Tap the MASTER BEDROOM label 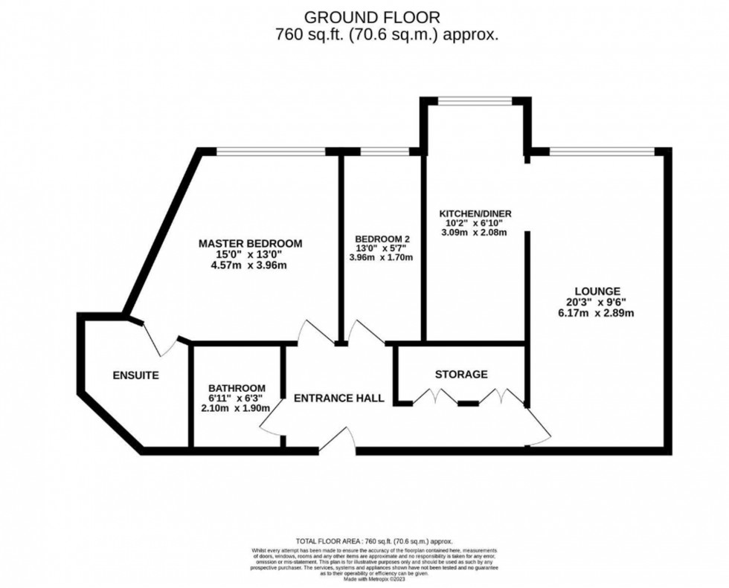coord(250,244)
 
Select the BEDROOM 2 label coord(383,239)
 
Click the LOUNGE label coord(597,291)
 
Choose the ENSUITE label coord(135,375)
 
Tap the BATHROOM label coord(237,388)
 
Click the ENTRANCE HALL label coord(338,398)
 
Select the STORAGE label coord(461,374)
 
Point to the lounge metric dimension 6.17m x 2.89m coord(597,313)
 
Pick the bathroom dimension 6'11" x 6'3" coord(237,398)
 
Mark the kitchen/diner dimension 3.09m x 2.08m coord(474,232)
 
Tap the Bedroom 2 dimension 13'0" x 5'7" coord(383,248)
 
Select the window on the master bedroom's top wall coord(271,152)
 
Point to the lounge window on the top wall coord(602,152)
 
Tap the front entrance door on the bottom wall coord(338,442)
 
